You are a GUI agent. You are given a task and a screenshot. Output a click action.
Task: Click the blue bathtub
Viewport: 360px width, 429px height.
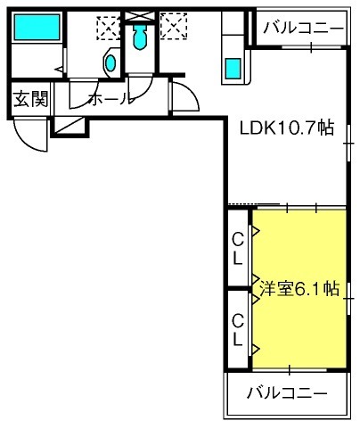37,28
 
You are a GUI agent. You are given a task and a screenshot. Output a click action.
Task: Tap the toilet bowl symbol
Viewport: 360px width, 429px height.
140,37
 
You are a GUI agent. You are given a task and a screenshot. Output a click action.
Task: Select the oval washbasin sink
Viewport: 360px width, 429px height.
110,63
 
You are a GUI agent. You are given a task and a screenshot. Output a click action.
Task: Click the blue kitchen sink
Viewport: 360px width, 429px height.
233,69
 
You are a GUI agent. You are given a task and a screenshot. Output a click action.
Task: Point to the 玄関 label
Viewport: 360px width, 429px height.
30,99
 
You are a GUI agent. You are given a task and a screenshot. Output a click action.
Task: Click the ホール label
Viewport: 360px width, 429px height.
111,98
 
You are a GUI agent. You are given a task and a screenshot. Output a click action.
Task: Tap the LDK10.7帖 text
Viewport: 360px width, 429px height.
287,128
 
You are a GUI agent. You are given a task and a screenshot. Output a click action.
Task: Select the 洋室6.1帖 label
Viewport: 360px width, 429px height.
299,288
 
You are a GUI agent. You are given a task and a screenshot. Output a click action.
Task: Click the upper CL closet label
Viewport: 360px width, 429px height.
238,249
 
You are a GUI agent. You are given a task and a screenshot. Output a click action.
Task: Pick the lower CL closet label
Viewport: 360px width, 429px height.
238,330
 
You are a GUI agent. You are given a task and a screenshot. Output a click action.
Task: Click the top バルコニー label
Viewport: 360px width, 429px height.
303,28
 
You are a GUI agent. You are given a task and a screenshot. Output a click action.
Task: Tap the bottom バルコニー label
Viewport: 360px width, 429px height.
287,393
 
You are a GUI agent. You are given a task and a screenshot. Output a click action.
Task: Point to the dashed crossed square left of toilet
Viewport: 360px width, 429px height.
109,28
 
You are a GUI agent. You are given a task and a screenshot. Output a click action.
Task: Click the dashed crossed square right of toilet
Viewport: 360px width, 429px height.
174,26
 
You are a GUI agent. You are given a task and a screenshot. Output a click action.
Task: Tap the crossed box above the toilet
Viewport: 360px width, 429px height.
140,16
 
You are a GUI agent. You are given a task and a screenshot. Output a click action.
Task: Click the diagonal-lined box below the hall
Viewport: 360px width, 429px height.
70,126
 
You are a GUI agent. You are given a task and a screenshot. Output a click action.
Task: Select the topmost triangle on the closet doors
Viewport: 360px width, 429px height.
256,231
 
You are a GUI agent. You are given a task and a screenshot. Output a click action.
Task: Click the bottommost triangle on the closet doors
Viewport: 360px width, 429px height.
256,349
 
